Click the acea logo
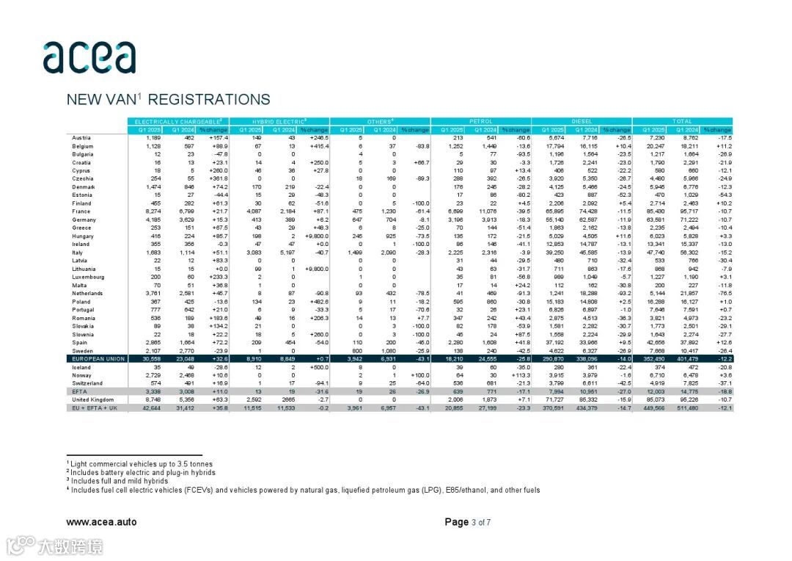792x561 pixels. [x=89, y=57]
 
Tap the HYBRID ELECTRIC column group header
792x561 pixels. [x=279, y=120]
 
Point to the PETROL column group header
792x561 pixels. [x=480, y=120]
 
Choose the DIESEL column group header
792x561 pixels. [x=582, y=120]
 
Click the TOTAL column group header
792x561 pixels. [x=682, y=120]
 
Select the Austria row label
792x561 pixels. [x=81, y=137]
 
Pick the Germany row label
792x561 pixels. [x=84, y=220]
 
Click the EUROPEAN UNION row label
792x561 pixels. [x=98, y=359]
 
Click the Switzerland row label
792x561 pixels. [x=87, y=383]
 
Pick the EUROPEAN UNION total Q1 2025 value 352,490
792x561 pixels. [x=653, y=359]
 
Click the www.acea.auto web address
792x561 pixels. [x=101, y=522]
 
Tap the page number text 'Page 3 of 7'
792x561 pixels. [x=467, y=522]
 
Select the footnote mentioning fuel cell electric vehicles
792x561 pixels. [x=303, y=490]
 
